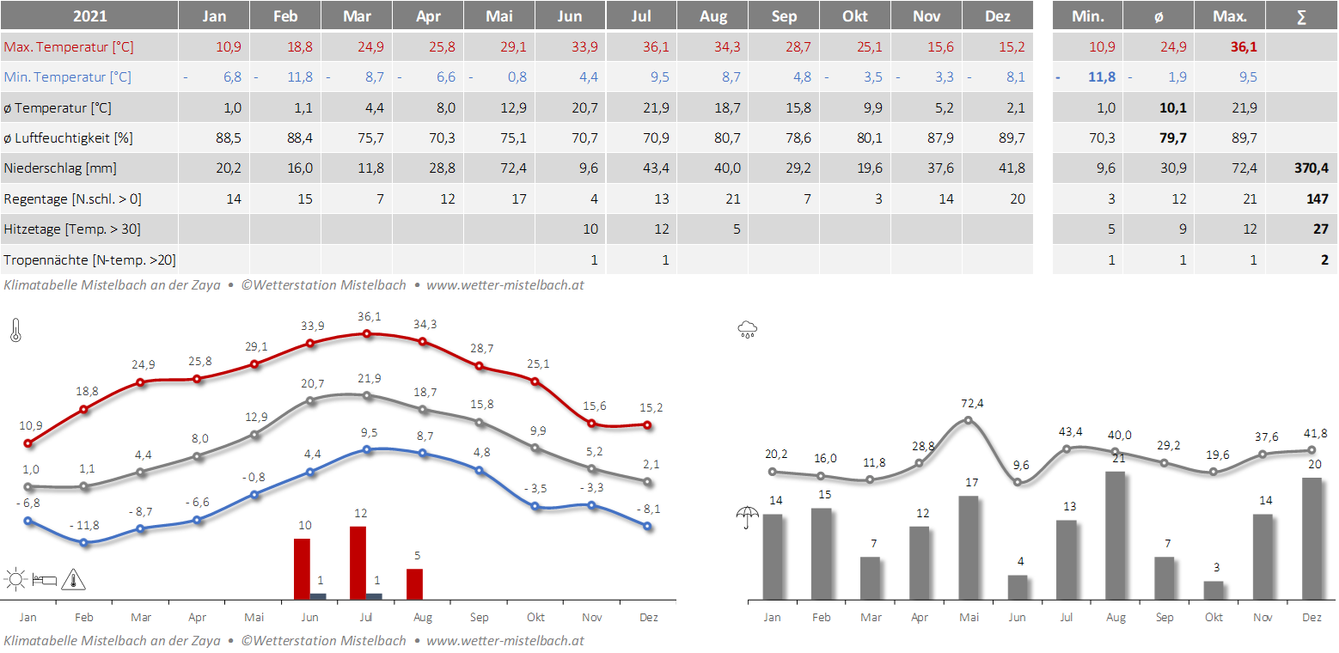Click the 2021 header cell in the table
(x=89, y=16)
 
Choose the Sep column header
(x=783, y=16)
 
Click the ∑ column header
(x=1301, y=16)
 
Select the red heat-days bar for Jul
(x=358, y=563)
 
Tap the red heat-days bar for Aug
(x=414, y=583)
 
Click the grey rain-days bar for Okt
(x=1214, y=590)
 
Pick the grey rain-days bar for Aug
(x=1116, y=535)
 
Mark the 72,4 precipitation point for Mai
(x=969, y=420)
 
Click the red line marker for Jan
(x=28, y=443)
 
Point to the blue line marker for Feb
(x=84, y=542)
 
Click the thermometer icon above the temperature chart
(x=15, y=331)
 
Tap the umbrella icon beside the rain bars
(x=748, y=517)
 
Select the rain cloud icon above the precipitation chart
(x=747, y=329)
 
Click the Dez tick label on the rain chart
(x=1311, y=617)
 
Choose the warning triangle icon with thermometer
(x=74, y=580)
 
